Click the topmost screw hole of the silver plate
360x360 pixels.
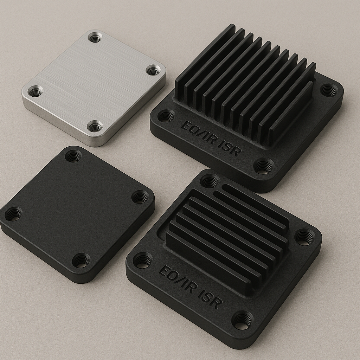pyautogui.click(x=95, y=37)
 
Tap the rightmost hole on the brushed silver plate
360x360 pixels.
pyautogui.click(x=153, y=70)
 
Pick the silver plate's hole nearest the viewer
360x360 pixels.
pyautogui.click(x=95, y=126)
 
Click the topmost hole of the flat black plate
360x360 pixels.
pyautogui.click(x=73, y=156)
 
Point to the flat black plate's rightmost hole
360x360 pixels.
pyautogui.click(x=140, y=197)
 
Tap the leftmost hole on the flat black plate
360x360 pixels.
pyautogui.click(x=13, y=214)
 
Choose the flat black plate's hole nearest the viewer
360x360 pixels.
pyautogui.click(x=81, y=260)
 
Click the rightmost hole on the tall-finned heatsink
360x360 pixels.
pyautogui.click(x=329, y=90)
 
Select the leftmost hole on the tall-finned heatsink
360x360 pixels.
pyautogui.click(x=166, y=116)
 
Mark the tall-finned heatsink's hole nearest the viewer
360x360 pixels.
pyautogui.click(x=264, y=166)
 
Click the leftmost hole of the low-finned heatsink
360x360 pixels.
pyautogui.click(x=142, y=260)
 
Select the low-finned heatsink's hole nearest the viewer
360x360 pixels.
pyautogui.click(x=242, y=320)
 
